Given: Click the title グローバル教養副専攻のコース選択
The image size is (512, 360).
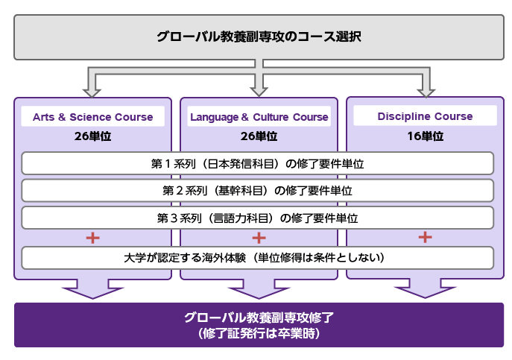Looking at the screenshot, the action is [259, 37].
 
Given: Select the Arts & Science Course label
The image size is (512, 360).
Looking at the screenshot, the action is [92, 117].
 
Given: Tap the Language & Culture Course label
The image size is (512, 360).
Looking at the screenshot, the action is [259, 117].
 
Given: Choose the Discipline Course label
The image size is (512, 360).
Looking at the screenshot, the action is [425, 116].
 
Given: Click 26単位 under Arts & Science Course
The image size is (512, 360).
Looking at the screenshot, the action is [92, 136].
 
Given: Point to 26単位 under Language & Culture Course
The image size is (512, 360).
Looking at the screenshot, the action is [259, 136].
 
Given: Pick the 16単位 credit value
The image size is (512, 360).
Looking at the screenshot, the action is [425, 136].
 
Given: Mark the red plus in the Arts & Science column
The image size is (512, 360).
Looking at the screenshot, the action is [92, 238].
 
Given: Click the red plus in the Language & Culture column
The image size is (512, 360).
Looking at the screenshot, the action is [259, 238].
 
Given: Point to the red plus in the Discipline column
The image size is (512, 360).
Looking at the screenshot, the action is [425, 237].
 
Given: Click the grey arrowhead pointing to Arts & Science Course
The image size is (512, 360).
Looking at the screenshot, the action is [92, 92].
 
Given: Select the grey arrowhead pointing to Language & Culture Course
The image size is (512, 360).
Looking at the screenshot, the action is [259, 92].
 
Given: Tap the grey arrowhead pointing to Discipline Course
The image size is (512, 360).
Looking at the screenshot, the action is [426, 92].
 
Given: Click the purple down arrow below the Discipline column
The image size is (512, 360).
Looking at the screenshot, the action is [425, 288].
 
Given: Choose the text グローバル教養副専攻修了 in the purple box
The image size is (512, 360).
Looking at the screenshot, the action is [259, 318].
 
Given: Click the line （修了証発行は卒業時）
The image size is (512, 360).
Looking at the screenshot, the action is [259, 333].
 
